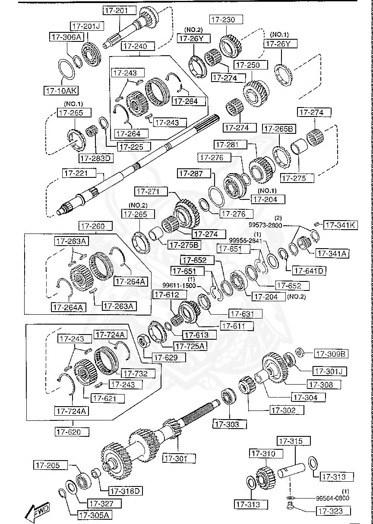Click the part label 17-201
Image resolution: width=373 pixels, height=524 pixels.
click(x=115, y=10)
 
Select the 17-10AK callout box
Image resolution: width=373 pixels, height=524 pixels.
click(x=60, y=91)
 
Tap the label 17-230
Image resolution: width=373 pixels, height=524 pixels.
click(x=226, y=19)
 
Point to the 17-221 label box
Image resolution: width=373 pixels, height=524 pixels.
click(x=76, y=174)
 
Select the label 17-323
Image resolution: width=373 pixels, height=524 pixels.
click(x=331, y=511)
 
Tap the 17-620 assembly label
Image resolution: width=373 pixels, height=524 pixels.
click(x=72, y=431)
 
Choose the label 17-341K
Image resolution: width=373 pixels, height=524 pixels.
click(x=341, y=225)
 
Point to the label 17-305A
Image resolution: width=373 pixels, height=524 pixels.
click(x=94, y=515)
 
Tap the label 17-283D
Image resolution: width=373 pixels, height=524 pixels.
click(x=95, y=158)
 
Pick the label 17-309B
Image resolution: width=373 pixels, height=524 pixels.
click(x=331, y=354)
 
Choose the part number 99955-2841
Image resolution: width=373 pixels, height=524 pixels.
click(x=245, y=240)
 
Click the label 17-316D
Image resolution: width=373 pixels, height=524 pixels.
click(x=126, y=491)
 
